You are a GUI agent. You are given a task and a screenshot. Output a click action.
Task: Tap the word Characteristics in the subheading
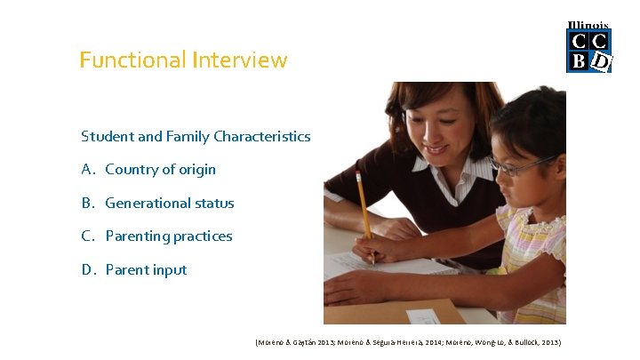267,137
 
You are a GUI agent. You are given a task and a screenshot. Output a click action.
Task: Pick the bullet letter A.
87,170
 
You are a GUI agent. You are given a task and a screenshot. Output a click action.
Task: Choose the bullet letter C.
87,236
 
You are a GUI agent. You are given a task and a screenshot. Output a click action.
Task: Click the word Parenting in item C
136,236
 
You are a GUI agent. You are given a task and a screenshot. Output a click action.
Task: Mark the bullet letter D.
87,270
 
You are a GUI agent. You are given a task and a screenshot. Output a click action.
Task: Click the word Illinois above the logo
588,26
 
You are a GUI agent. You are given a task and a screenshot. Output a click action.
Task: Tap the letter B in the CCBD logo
579,61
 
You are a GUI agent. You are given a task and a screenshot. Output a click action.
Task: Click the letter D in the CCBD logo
601,61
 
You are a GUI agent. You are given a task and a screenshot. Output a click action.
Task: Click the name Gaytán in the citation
308,342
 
